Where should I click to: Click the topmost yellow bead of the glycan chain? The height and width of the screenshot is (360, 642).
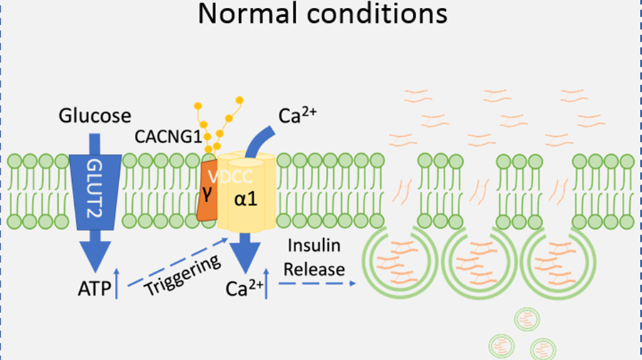[x=239, y=100]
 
